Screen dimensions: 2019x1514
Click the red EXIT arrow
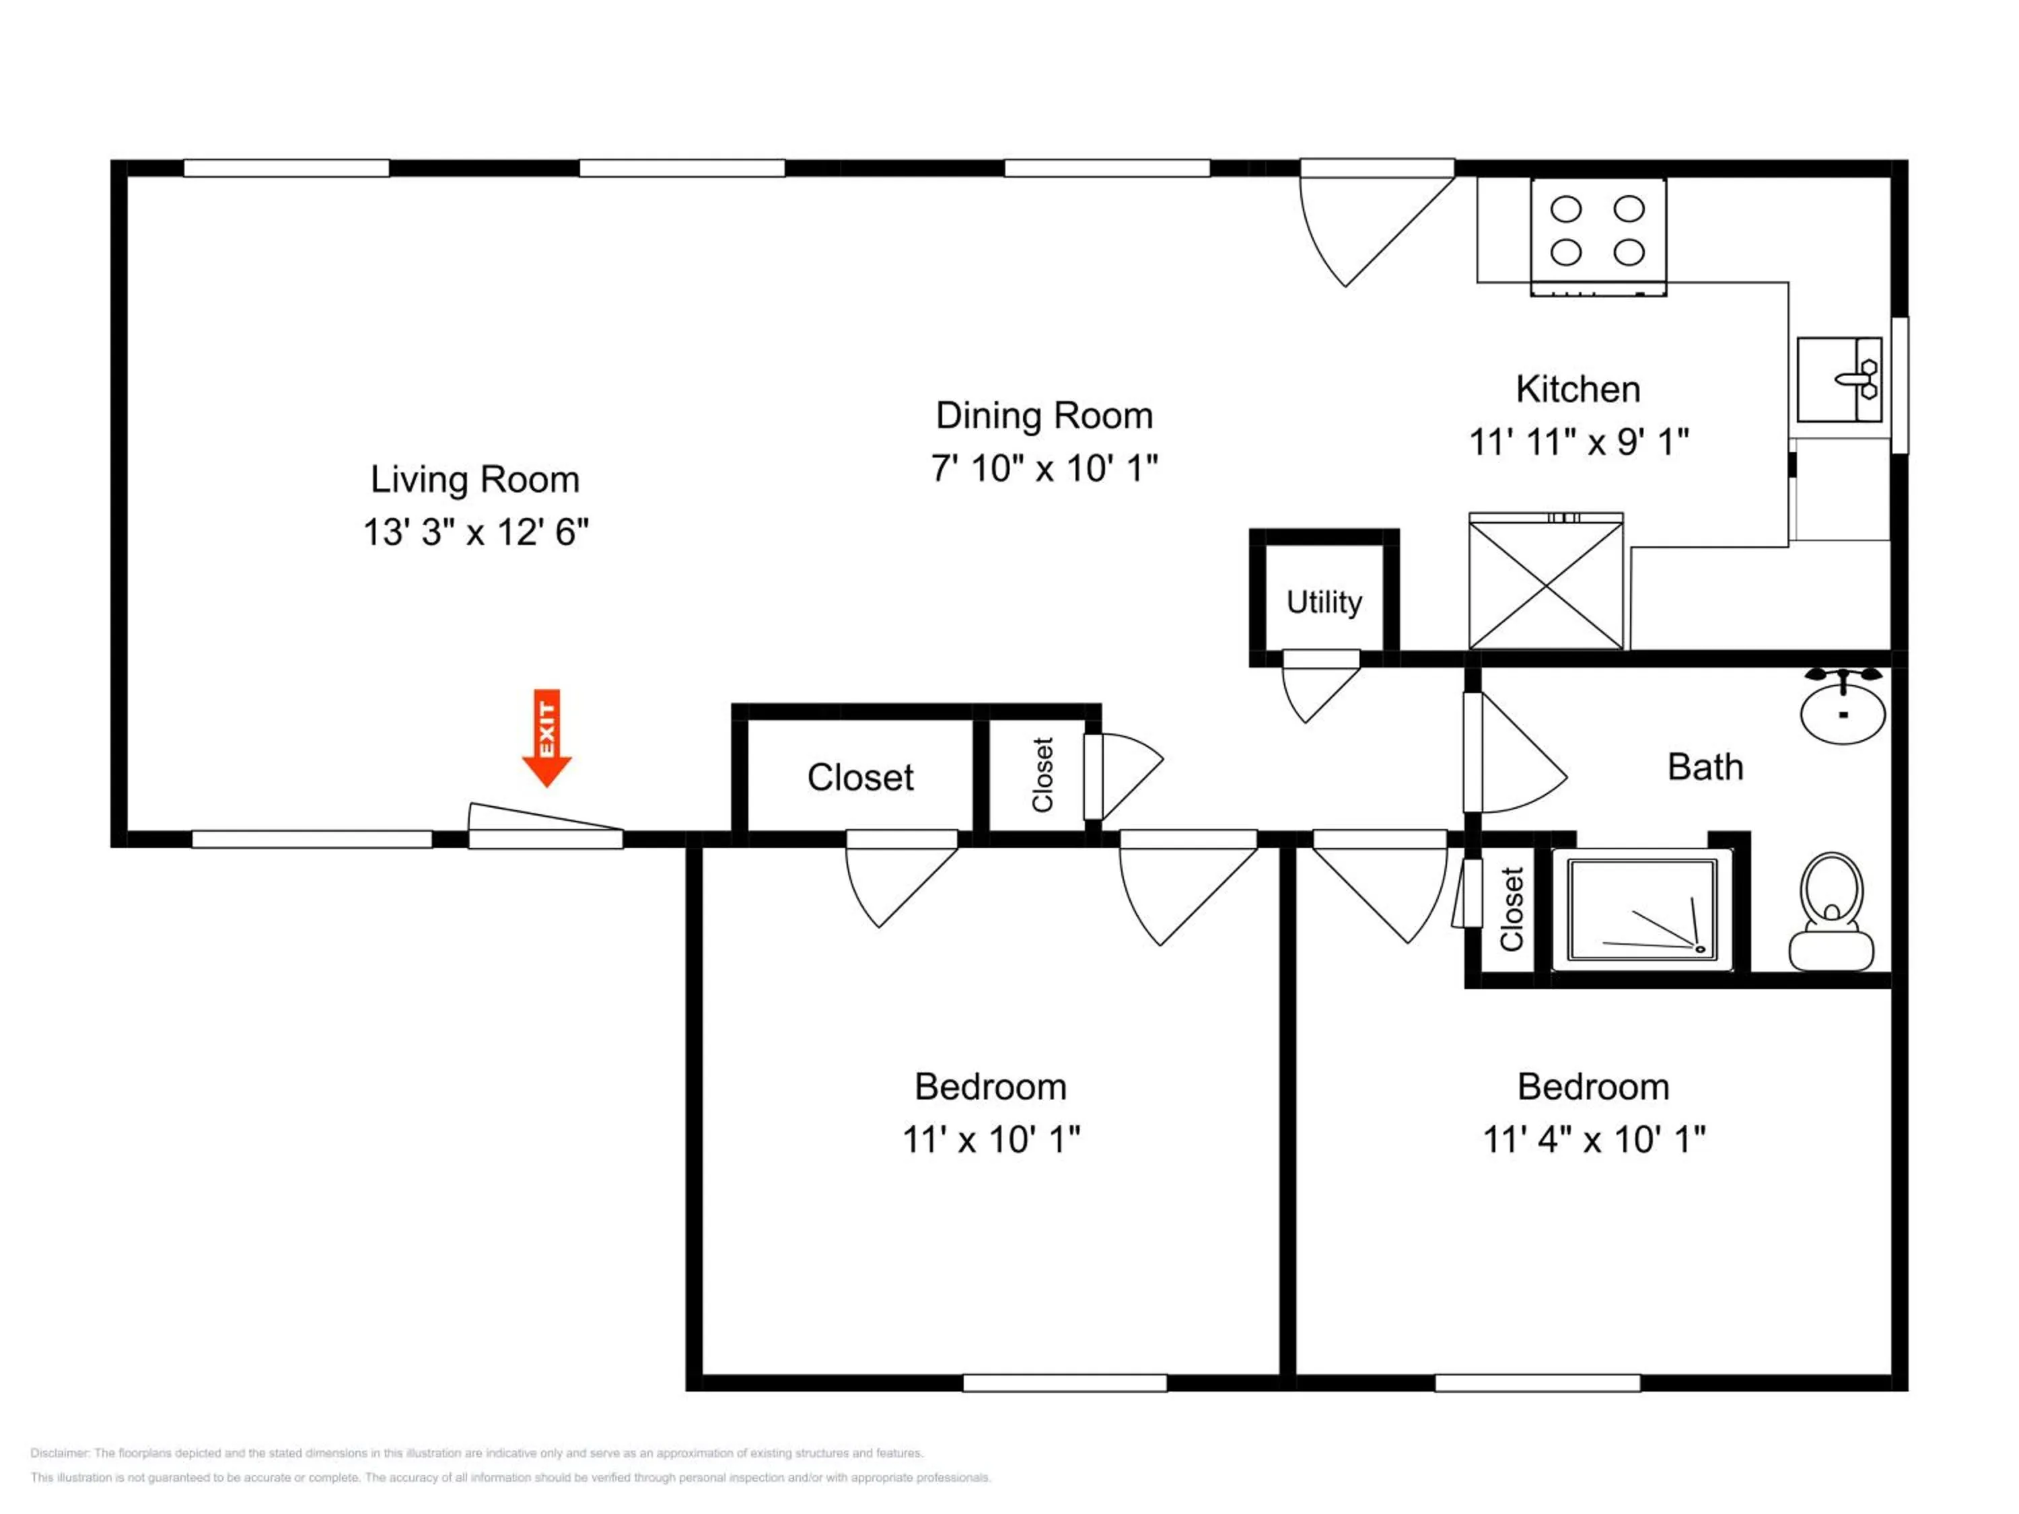546,737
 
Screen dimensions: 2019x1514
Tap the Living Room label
474,480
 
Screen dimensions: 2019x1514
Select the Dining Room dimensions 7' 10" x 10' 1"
1044,468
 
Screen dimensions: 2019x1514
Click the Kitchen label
1578,390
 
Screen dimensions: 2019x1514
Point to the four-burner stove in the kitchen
1598,236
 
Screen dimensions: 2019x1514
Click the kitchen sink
1839,380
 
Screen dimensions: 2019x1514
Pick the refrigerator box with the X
1546,581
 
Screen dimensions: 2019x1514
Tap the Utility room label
1324,602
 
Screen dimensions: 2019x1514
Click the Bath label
1705,768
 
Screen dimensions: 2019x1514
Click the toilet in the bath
1831,912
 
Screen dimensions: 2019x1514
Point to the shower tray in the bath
1642,910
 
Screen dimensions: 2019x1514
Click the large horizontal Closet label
860,778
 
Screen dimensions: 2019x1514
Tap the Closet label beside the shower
1512,909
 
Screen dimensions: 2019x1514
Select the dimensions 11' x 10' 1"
991,1140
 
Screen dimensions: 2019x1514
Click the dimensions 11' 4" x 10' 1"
1594,1140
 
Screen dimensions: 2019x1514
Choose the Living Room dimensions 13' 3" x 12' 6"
476,532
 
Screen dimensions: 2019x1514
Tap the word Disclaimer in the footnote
61,1453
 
